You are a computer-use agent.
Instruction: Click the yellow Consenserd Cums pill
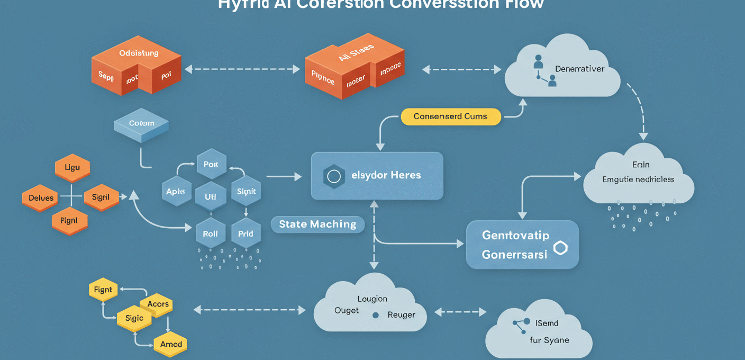[x=450, y=116]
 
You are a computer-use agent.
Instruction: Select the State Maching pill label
[x=317, y=224]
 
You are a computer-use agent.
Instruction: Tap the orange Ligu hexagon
[x=72, y=168]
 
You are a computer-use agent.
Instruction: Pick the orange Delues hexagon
[x=41, y=198]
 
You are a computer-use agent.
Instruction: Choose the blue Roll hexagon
[x=211, y=233]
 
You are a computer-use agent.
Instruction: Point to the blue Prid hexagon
[x=246, y=233]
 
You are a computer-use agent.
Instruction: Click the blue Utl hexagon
[x=211, y=196]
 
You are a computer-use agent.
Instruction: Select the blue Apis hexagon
[x=176, y=192]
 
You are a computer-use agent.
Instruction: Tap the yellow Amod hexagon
[x=171, y=344]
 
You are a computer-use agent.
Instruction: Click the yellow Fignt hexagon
[x=103, y=290]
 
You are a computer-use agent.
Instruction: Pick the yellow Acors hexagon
[x=158, y=304]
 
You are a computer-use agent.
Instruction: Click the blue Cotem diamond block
[x=141, y=124]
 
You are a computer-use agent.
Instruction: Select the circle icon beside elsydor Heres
[x=334, y=176]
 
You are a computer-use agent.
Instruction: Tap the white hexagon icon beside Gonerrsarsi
[x=560, y=248]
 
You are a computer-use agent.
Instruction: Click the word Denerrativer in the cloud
[x=579, y=69]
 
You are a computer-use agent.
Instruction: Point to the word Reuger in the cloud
[x=401, y=315]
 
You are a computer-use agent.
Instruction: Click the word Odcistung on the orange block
[x=139, y=53]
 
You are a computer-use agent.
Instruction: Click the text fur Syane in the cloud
[x=549, y=340]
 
